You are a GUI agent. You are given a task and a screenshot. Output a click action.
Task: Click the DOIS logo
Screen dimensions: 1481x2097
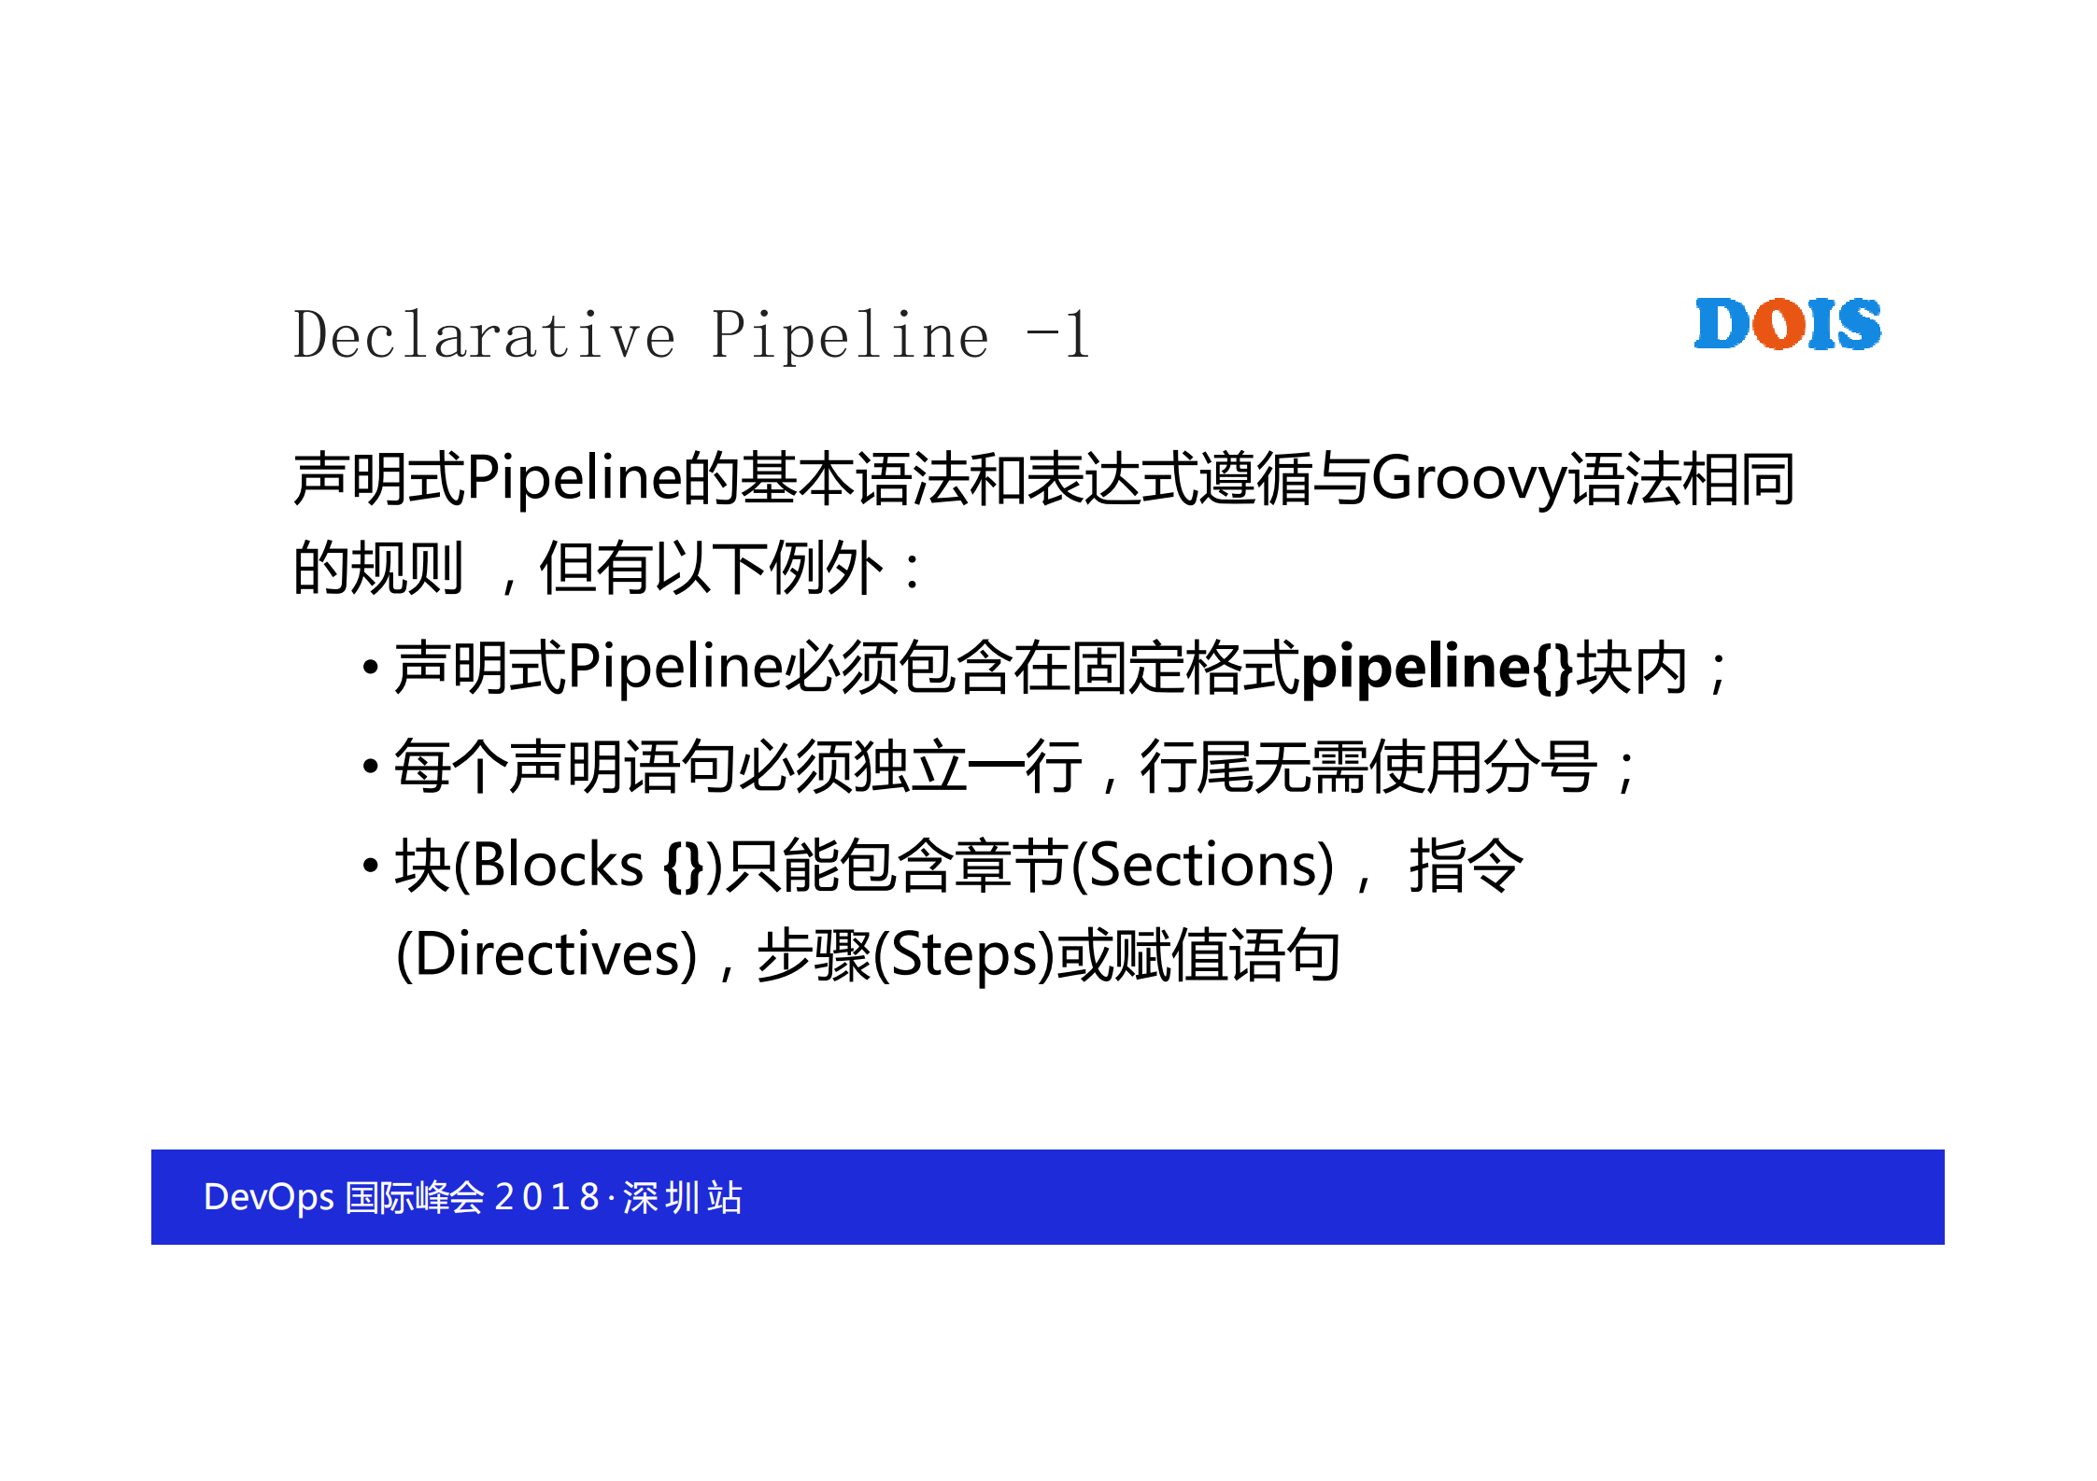pos(1787,324)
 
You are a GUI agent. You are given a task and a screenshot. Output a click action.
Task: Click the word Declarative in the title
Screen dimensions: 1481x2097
pos(484,335)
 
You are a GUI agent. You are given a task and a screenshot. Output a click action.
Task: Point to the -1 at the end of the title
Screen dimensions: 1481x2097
pos(1057,335)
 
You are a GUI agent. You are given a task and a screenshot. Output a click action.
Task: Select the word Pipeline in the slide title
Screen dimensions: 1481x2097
pos(849,335)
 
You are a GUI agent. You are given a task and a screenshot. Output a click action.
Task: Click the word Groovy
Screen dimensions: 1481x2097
pos(1467,479)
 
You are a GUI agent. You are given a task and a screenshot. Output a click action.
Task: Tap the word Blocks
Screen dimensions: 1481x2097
pos(558,866)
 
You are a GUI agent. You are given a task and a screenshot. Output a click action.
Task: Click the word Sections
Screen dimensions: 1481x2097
pos(1202,866)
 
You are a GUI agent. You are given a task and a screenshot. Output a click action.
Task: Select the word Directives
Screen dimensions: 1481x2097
pos(546,955)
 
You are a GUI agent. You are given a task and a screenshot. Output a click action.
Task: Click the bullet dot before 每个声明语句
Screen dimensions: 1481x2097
pos(371,767)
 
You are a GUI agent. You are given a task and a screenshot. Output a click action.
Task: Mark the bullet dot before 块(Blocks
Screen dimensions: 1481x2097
pos(371,866)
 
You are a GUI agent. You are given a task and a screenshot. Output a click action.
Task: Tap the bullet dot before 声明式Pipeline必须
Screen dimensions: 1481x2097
pos(371,668)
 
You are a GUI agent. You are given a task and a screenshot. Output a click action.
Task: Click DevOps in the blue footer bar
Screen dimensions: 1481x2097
pos(268,1197)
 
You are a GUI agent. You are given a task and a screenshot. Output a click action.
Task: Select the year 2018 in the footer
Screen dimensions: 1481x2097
pos(546,1197)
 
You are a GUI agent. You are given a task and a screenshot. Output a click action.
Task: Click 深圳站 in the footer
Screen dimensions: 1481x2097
pos(683,1197)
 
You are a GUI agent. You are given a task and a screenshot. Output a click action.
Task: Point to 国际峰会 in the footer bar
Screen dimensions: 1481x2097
pos(414,1197)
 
